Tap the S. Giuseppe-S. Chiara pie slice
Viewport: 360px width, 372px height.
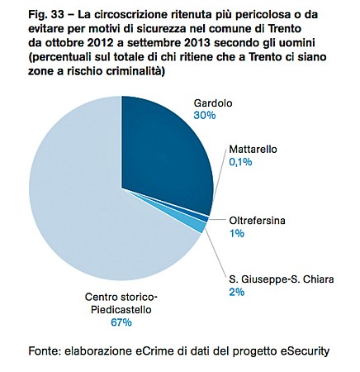201,227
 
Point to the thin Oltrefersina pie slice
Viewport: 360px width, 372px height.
205,219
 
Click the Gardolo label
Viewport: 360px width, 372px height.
213,103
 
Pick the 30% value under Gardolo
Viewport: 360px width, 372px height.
205,115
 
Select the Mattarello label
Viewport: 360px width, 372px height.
253,150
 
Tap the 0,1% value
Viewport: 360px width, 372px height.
240,162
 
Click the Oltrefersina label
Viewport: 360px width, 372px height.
257,221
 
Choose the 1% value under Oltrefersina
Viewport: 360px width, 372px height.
237,233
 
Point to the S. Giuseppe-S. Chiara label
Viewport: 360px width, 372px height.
282,279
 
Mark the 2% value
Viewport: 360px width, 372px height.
237,292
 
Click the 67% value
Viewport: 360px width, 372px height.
121,322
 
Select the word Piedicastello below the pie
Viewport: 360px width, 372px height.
121,309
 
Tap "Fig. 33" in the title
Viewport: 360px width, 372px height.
45,15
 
